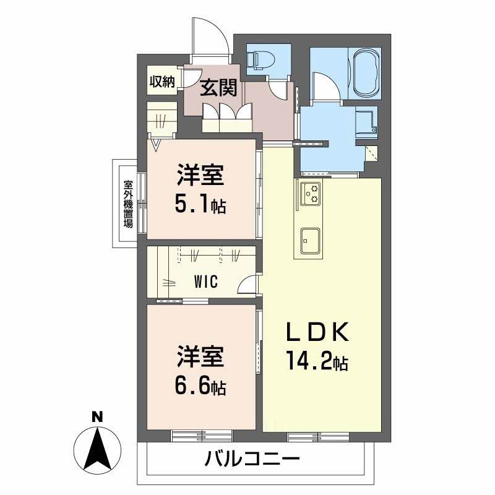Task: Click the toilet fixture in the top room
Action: [260, 59]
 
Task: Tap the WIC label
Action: [205, 282]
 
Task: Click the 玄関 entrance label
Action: [218, 88]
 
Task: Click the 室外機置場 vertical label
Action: [128, 204]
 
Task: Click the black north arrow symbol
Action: [97, 447]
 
